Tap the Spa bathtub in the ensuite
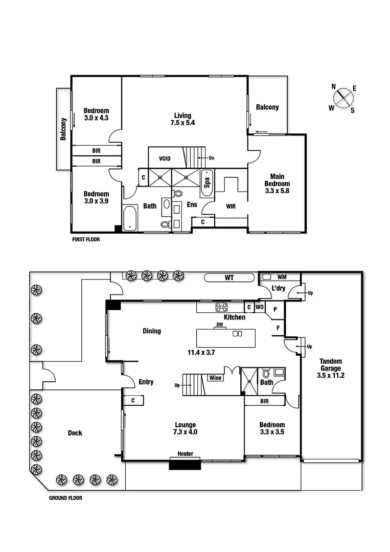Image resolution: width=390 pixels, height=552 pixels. [207, 179]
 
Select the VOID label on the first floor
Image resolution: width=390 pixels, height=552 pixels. [165, 159]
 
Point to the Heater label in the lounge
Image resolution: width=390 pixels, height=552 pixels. [185, 454]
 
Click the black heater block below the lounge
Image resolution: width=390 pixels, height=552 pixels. [185, 464]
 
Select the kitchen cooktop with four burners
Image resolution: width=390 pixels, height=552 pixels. [222, 307]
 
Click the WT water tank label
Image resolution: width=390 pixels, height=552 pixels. [229, 278]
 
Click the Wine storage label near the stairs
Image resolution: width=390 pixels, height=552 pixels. [215, 378]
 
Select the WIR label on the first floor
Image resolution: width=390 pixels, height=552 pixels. [231, 206]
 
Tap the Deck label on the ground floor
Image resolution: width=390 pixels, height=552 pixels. [75, 433]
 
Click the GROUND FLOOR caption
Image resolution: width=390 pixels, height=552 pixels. [65, 498]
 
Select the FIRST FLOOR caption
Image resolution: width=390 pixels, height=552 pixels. [85, 239]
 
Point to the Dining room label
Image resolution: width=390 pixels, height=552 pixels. [151, 331]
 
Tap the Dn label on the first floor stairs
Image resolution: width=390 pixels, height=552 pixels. [211, 158]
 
